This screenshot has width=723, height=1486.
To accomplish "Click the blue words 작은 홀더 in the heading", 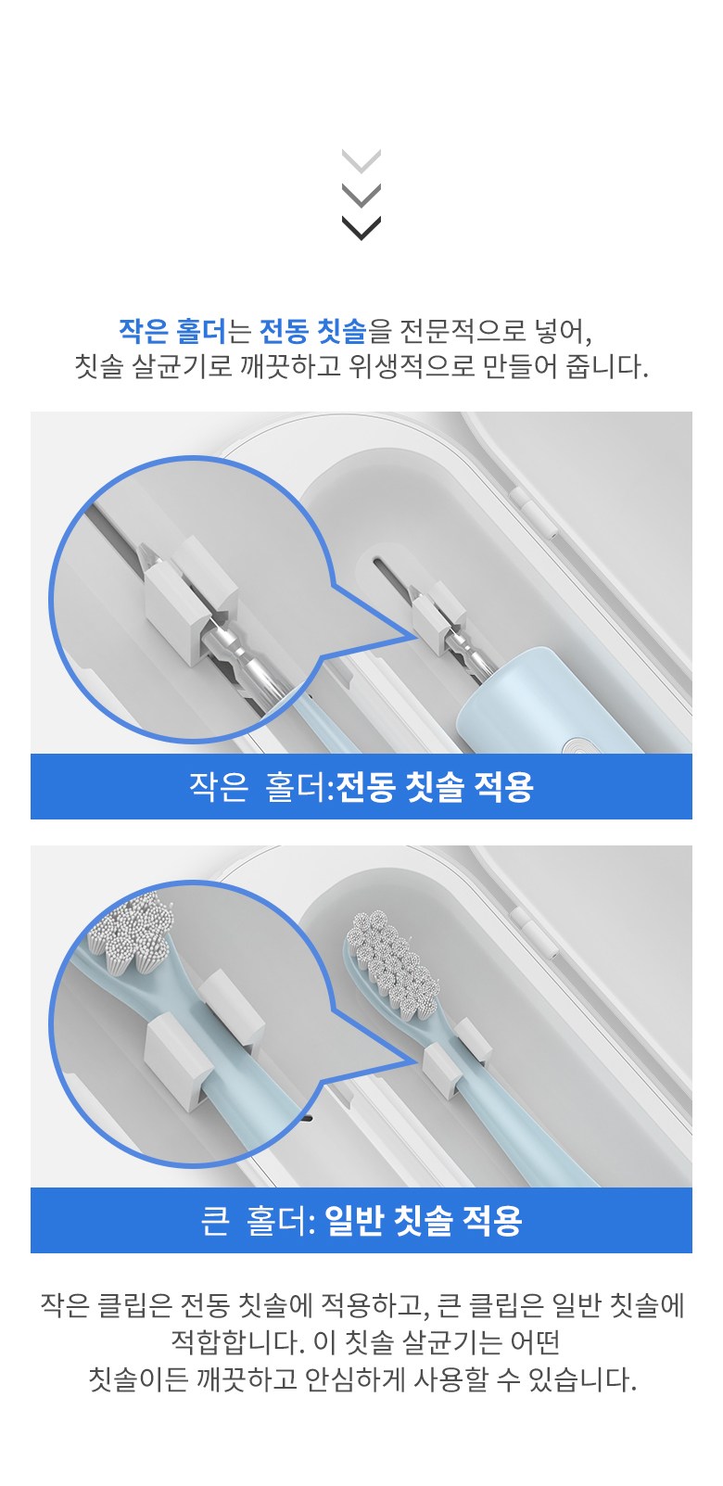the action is tap(173, 331).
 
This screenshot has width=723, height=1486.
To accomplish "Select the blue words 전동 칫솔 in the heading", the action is tap(313, 331).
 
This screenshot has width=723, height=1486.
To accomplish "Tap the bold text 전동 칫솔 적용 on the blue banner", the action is tap(435, 787).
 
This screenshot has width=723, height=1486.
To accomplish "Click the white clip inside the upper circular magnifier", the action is tap(190, 601).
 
